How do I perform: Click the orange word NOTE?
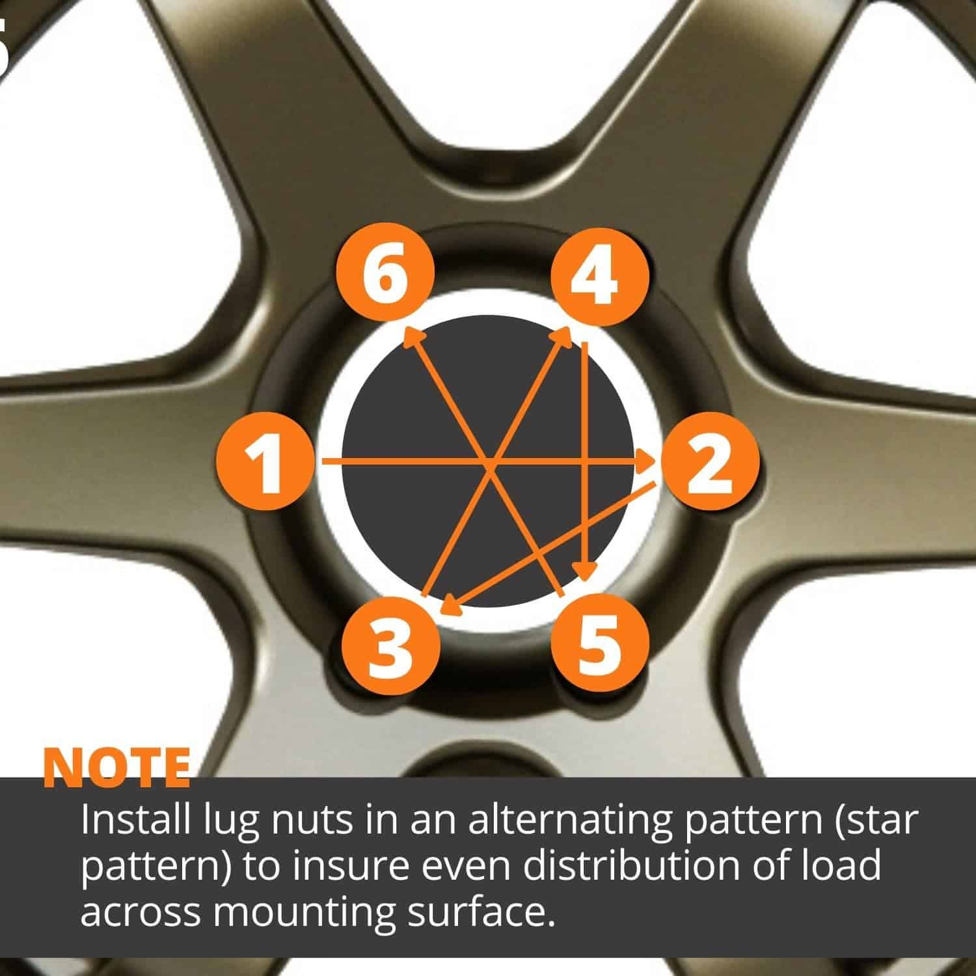point(117,768)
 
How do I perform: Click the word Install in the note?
point(135,821)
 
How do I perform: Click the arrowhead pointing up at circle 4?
point(564,336)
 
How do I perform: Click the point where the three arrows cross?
point(489,463)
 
